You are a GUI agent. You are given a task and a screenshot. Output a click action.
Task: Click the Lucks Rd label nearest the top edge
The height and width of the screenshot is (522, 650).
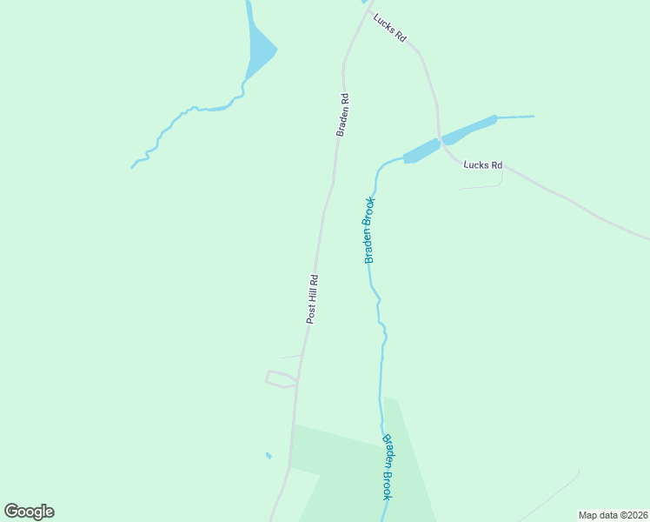click(x=390, y=29)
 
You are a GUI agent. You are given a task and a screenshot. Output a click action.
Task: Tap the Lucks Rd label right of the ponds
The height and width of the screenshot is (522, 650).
click(x=483, y=164)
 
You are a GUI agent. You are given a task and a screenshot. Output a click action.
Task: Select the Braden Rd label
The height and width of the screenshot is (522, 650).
click(x=342, y=115)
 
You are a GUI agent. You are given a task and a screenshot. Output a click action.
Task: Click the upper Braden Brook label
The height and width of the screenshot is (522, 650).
click(x=370, y=231)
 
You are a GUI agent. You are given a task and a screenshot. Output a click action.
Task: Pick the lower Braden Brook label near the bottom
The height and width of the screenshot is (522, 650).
click(x=388, y=466)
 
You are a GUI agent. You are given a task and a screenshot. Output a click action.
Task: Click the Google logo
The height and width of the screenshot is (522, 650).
click(x=29, y=512)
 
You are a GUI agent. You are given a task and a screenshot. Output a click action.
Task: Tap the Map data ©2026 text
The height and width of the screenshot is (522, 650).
click(x=613, y=515)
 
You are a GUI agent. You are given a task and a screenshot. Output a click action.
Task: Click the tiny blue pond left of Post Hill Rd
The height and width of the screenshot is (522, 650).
click(x=269, y=455)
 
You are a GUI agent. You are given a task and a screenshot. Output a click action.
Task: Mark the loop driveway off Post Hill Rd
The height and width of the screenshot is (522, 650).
click(x=279, y=379)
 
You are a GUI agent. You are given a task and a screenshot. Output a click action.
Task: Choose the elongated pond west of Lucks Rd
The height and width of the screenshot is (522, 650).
click(x=421, y=151)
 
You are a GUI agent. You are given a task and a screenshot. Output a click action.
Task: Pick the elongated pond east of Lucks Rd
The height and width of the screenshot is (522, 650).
click(x=468, y=129)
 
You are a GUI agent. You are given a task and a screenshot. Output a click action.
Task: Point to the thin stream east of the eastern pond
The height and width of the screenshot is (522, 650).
click(x=515, y=117)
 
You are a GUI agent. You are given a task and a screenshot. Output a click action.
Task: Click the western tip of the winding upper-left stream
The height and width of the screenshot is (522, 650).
click(x=133, y=166)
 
